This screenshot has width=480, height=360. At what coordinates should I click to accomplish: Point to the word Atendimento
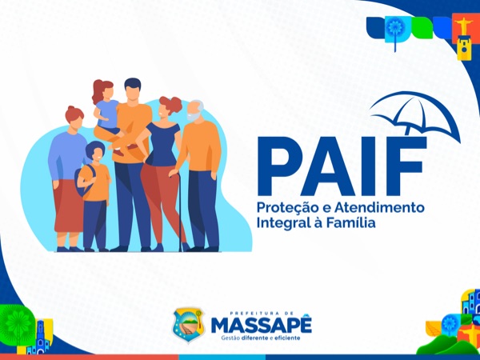click(379, 207)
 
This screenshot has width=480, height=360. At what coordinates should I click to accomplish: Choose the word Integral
click(279, 223)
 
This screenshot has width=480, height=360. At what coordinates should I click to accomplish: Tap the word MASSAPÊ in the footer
click(262, 325)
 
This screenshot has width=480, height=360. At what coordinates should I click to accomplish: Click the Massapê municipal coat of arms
click(188, 325)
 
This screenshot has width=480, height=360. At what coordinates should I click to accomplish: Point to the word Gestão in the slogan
click(230, 338)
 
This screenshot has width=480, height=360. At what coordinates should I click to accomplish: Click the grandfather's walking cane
click(179, 211)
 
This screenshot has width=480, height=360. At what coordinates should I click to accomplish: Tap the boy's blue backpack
click(83, 181)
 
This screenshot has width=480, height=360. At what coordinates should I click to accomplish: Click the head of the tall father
click(133, 90)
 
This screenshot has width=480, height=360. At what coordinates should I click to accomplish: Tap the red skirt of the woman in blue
click(69, 206)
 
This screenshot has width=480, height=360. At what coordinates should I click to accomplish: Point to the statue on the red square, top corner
click(464, 26)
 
